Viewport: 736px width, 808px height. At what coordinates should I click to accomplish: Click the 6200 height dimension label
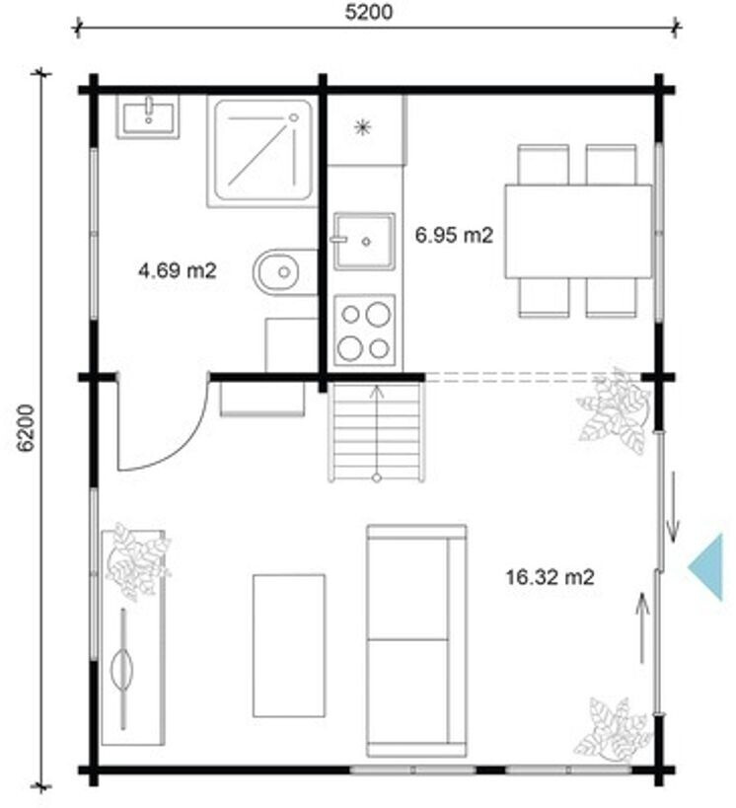click(x=26, y=428)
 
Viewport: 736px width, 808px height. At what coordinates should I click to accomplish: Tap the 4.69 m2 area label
click(x=177, y=270)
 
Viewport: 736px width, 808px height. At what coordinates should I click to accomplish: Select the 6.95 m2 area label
click(x=454, y=235)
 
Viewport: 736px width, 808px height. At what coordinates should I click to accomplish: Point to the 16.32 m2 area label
click(x=550, y=576)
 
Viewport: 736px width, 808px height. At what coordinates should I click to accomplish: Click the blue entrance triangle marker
click(x=708, y=567)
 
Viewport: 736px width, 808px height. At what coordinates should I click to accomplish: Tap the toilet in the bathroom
click(x=284, y=272)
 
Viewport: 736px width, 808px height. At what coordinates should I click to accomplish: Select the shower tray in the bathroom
click(x=262, y=150)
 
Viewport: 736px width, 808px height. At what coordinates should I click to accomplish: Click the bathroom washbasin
click(x=148, y=116)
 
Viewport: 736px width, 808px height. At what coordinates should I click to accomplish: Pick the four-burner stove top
click(x=364, y=330)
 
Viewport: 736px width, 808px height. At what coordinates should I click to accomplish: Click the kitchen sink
click(x=364, y=241)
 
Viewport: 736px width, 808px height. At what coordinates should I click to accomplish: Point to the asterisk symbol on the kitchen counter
click(x=363, y=126)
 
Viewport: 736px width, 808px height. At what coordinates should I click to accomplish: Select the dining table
click(x=578, y=232)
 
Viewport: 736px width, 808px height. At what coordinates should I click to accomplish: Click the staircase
click(x=377, y=433)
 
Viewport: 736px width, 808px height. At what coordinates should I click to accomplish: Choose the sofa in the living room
click(x=416, y=640)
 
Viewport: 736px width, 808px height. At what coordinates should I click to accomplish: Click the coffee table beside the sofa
click(x=289, y=645)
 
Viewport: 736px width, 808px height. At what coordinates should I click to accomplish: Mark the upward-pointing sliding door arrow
click(x=642, y=627)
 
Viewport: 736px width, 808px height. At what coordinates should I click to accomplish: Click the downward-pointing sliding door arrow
click(x=673, y=507)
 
